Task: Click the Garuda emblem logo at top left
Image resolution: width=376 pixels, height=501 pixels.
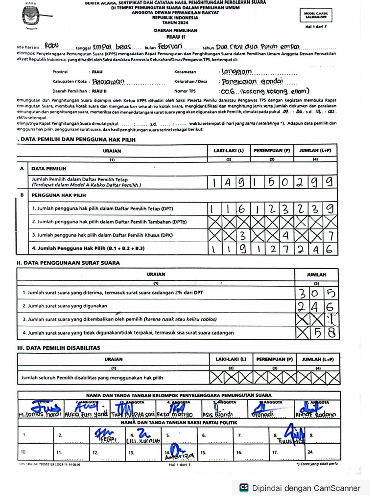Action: [x=31, y=17]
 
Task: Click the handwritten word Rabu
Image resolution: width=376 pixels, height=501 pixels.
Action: [x=51, y=46]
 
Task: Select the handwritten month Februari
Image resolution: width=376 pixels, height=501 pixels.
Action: [x=170, y=46]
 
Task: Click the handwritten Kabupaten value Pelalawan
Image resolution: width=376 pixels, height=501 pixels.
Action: [x=109, y=81]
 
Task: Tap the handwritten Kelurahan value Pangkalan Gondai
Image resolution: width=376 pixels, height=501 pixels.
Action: [x=246, y=81]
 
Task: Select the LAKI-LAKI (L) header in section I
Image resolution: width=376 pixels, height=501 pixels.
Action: [x=228, y=151]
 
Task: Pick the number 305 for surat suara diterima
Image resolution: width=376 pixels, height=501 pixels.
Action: [x=316, y=293]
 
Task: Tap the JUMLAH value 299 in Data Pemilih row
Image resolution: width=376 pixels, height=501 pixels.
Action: [x=316, y=182]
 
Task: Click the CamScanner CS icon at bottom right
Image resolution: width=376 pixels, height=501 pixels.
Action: [x=243, y=488]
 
